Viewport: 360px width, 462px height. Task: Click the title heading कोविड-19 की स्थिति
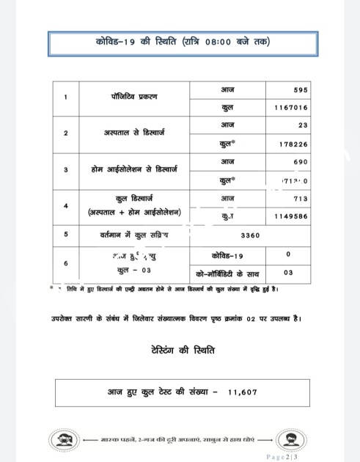pyautogui.click(x=183, y=43)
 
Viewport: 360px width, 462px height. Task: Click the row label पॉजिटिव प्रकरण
pyautogui.click(x=133, y=98)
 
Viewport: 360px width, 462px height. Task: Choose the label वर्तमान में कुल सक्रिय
pyautogui.click(x=133, y=235)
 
